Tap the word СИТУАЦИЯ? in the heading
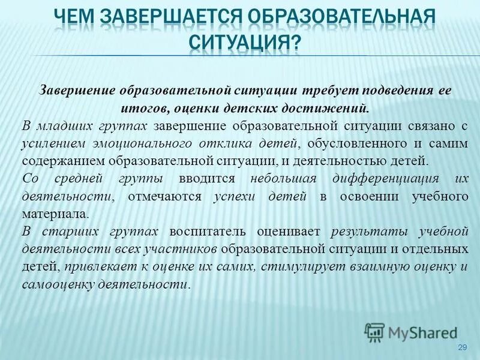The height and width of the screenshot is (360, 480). point(245,42)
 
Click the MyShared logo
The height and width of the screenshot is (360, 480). point(411,332)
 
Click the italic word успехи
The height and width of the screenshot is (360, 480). point(235,196)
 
